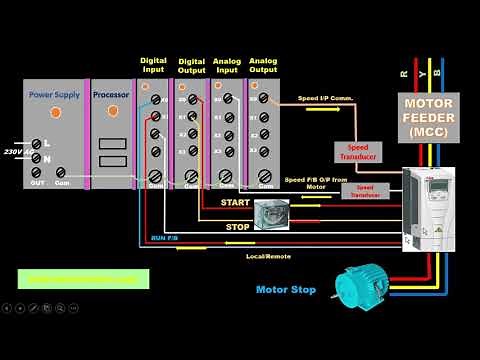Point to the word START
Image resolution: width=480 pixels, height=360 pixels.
click(236, 203)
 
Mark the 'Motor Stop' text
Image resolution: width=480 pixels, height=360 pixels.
click(286, 290)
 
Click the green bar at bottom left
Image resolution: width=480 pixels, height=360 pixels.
click(83, 279)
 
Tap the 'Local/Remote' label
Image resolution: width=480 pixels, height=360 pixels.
click(269, 257)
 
